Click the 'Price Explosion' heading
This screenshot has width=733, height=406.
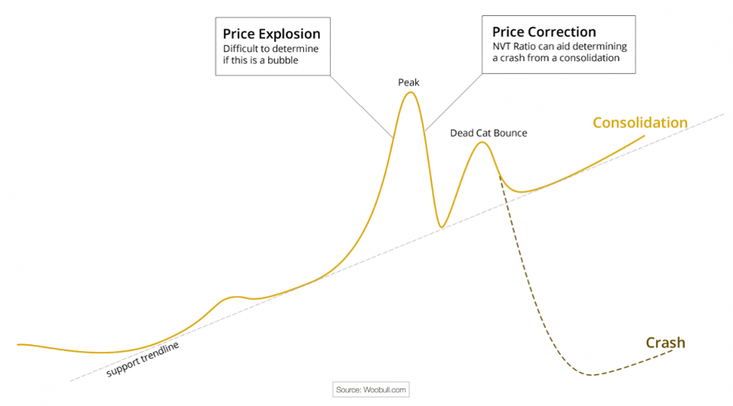(x=271, y=34)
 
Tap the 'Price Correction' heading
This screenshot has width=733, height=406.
(x=544, y=32)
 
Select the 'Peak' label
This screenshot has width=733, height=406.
(x=409, y=81)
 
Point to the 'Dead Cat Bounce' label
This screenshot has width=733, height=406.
(x=489, y=133)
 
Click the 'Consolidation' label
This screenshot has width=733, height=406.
(x=640, y=123)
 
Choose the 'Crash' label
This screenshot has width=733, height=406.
(x=665, y=343)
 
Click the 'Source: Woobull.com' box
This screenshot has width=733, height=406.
(x=372, y=390)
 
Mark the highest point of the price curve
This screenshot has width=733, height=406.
(x=411, y=92)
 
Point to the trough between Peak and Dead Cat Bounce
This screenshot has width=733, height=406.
(x=441, y=227)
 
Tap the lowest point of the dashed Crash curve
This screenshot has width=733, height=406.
(x=590, y=375)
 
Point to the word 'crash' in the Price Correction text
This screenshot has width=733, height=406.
(x=514, y=58)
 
